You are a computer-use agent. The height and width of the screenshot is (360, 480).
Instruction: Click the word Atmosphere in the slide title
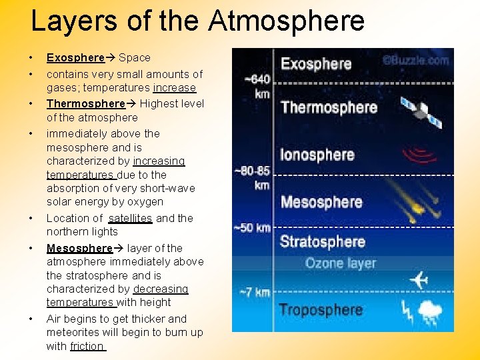click(287, 20)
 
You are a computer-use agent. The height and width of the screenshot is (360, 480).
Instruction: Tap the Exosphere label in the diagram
click(316, 64)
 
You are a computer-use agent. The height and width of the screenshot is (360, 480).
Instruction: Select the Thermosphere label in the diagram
click(329, 107)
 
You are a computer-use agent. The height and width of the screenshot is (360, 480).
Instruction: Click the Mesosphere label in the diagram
click(321, 201)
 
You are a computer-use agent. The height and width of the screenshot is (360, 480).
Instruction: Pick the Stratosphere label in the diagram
click(323, 241)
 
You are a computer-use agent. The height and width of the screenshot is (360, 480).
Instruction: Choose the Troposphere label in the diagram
click(321, 310)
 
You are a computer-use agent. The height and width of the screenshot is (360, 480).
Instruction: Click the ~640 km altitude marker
click(257, 86)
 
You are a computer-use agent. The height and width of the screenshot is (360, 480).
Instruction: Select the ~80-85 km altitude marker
click(254, 177)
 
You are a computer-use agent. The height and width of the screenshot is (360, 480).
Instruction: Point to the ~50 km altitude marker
click(253, 228)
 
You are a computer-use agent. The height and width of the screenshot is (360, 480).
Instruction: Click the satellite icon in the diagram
click(421, 112)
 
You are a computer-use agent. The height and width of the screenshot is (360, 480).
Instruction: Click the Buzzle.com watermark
click(415, 59)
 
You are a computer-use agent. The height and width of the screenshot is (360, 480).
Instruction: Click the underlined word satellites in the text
click(130, 218)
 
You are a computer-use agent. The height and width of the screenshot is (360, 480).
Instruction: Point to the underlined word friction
click(87, 346)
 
